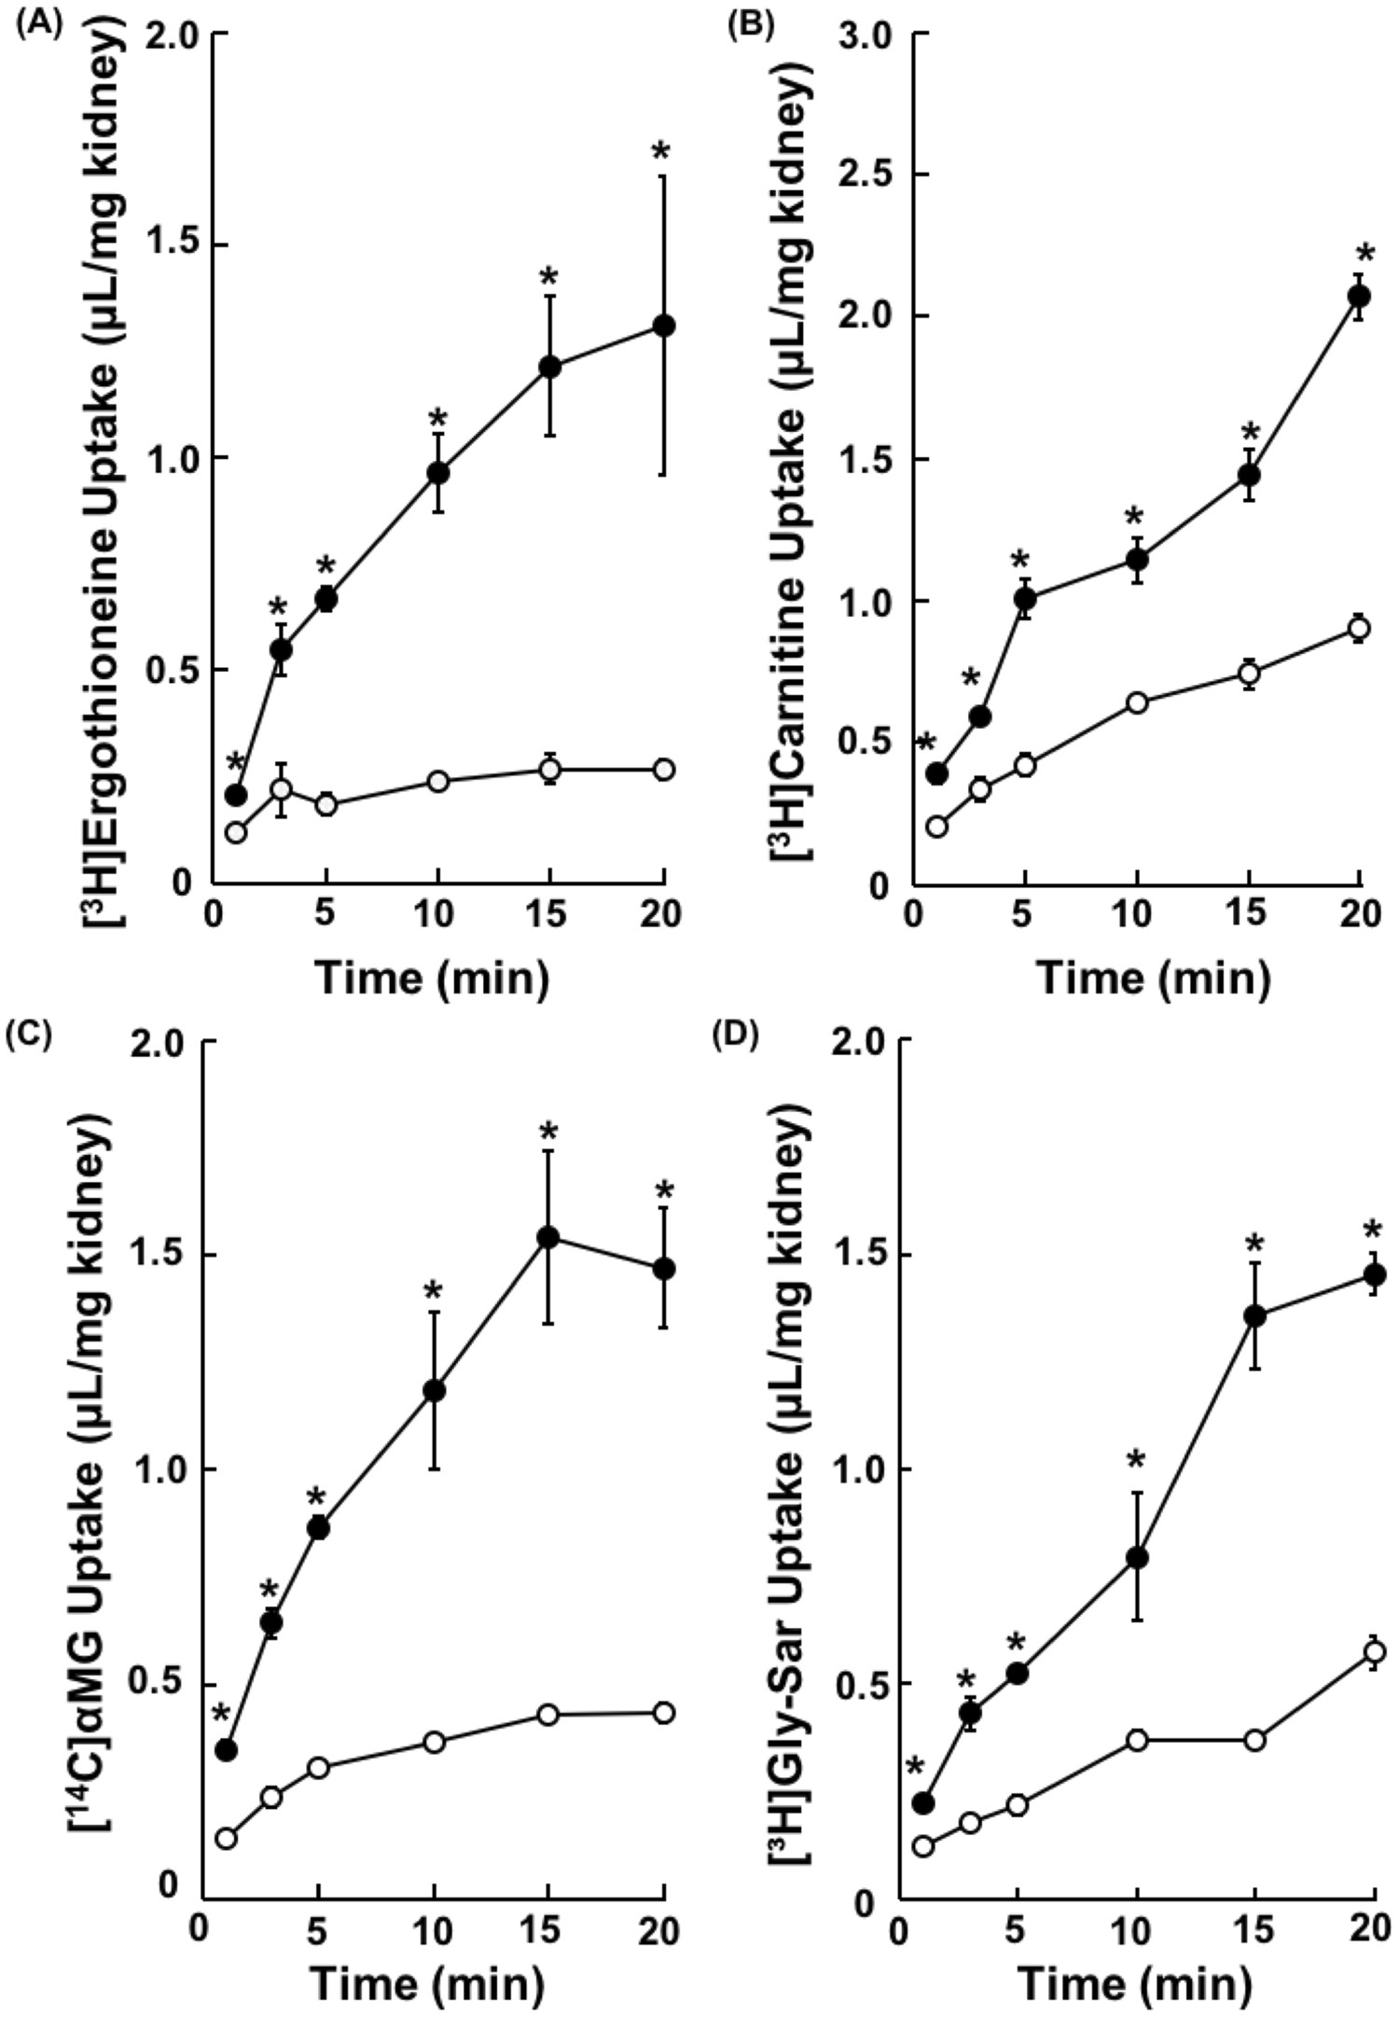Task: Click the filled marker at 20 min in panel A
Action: tap(664, 326)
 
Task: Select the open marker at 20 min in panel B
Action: tap(1359, 628)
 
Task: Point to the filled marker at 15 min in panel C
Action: tap(548, 1237)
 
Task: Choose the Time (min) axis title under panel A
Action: tap(432, 977)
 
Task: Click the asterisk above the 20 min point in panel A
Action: tap(663, 152)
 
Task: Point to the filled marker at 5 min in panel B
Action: tap(1025, 597)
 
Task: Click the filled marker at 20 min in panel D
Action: tap(1374, 1274)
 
